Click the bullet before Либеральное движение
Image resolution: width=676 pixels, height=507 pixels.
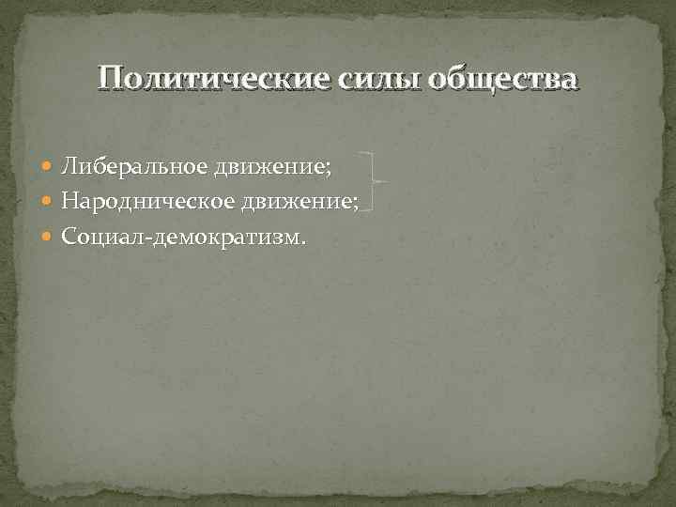[48, 167]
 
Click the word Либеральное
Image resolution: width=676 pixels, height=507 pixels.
[134, 166]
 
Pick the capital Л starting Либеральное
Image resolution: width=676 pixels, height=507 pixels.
[69, 166]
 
